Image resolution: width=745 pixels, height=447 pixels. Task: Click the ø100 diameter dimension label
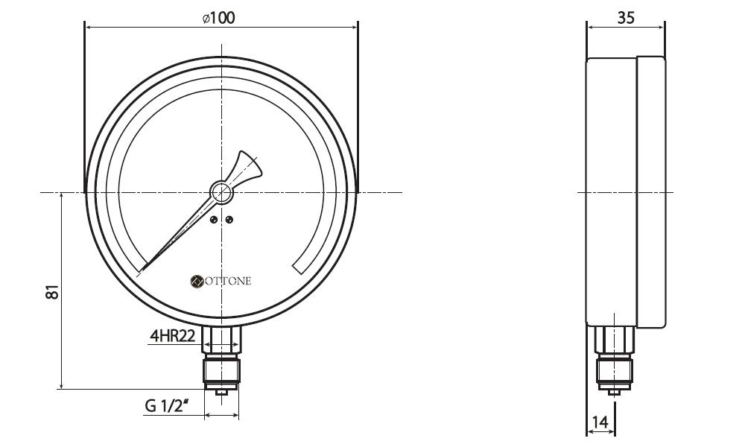(218, 18)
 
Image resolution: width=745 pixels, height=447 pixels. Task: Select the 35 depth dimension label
(626, 18)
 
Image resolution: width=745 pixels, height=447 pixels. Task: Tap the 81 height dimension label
(52, 291)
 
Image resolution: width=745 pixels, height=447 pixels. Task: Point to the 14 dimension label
(600, 422)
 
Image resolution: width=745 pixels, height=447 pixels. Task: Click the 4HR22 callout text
(173, 336)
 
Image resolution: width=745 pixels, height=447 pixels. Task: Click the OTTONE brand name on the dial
(227, 281)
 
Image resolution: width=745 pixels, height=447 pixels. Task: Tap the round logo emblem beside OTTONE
(196, 281)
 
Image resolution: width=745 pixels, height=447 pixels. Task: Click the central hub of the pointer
(221, 192)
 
